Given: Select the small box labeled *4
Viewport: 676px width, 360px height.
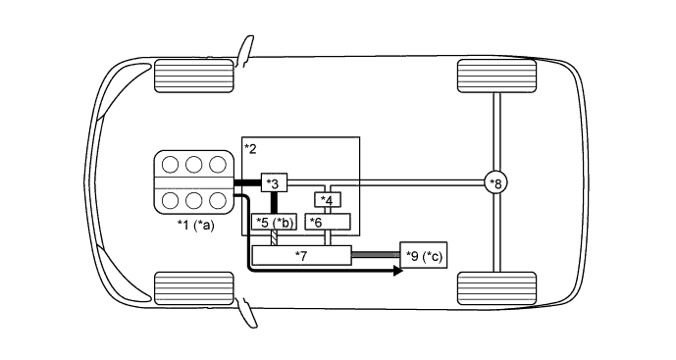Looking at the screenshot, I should [328, 200].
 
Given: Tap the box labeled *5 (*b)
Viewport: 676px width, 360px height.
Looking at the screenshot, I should [275, 222].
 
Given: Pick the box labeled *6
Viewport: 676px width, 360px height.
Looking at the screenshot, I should [327, 222].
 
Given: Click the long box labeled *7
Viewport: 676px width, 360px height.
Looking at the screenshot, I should [301, 255].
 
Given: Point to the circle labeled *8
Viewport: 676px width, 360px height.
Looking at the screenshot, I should [496, 183].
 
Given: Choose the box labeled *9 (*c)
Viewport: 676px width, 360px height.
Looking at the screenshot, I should [424, 257].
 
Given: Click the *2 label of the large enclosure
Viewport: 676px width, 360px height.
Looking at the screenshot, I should [250, 148].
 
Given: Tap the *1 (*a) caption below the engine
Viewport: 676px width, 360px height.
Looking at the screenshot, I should [194, 226].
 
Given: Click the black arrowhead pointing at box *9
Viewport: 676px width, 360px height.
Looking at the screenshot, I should [396, 269].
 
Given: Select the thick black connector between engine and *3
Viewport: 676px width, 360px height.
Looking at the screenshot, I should [248, 183].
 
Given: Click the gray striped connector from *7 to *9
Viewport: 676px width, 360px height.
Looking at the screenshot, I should [375, 255].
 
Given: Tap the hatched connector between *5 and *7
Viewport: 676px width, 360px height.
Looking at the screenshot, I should [275, 238].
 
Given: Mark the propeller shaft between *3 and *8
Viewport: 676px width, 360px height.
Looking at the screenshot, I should [412, 183].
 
